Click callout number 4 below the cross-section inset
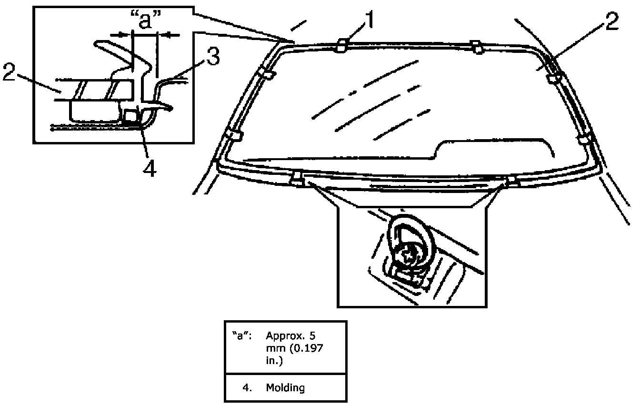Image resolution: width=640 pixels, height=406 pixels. (150, 168)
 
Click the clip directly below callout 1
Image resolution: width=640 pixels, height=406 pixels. (341, 46)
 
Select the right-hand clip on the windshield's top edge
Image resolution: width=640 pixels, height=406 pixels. (475, 46)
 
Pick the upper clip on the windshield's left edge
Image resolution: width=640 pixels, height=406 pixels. (267, 74)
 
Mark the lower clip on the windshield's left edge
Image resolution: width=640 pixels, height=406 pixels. (233, 136)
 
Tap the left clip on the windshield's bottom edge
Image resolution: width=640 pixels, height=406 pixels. (297, 180)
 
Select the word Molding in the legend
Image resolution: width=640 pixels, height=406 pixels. (285, 388)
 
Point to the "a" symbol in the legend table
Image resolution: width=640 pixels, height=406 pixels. (239, 334)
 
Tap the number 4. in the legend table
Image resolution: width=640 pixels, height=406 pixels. (247, 388)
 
